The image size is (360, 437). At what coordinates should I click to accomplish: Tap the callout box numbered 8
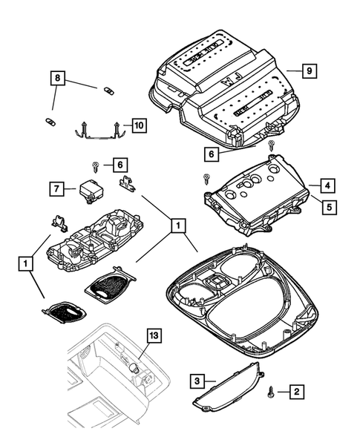click(x=58, y=78)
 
